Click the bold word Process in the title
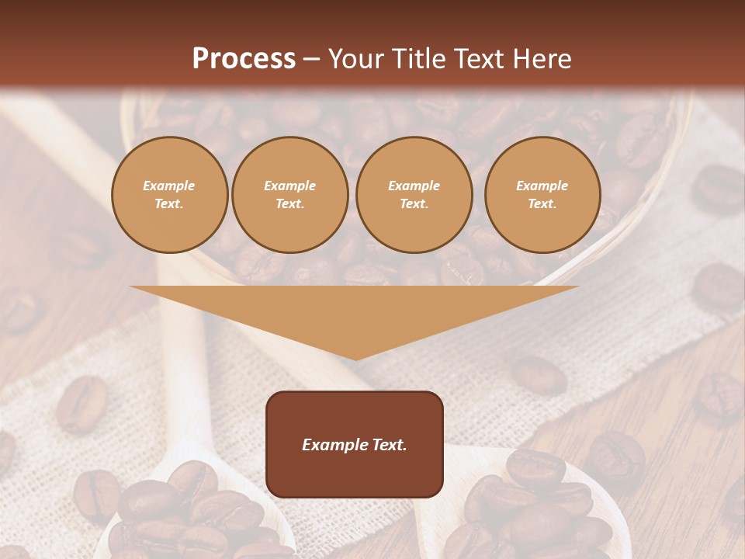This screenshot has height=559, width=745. [x=244, y=59]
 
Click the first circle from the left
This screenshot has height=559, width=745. [x=170, y=195]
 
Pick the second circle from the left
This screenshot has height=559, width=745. [x=290, y=195]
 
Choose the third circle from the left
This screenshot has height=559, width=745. [x=414, y=195]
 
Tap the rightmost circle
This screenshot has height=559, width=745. [x=542, y=195]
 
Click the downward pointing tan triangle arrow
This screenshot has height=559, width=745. [x=355, y=314]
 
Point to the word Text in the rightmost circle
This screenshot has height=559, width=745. [x=542, y=204]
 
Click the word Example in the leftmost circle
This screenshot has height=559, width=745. [x=169, y=186]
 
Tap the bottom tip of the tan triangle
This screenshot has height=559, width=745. [x=355, y=358]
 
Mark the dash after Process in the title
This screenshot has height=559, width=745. [x=311, y=60]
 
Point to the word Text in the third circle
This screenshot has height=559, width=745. [x=414, y=204]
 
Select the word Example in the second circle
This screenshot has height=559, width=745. [x=290, y=186]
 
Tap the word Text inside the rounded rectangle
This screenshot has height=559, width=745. [x=388, y=445]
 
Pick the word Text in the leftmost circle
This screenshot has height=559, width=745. [x=169, y=204]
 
